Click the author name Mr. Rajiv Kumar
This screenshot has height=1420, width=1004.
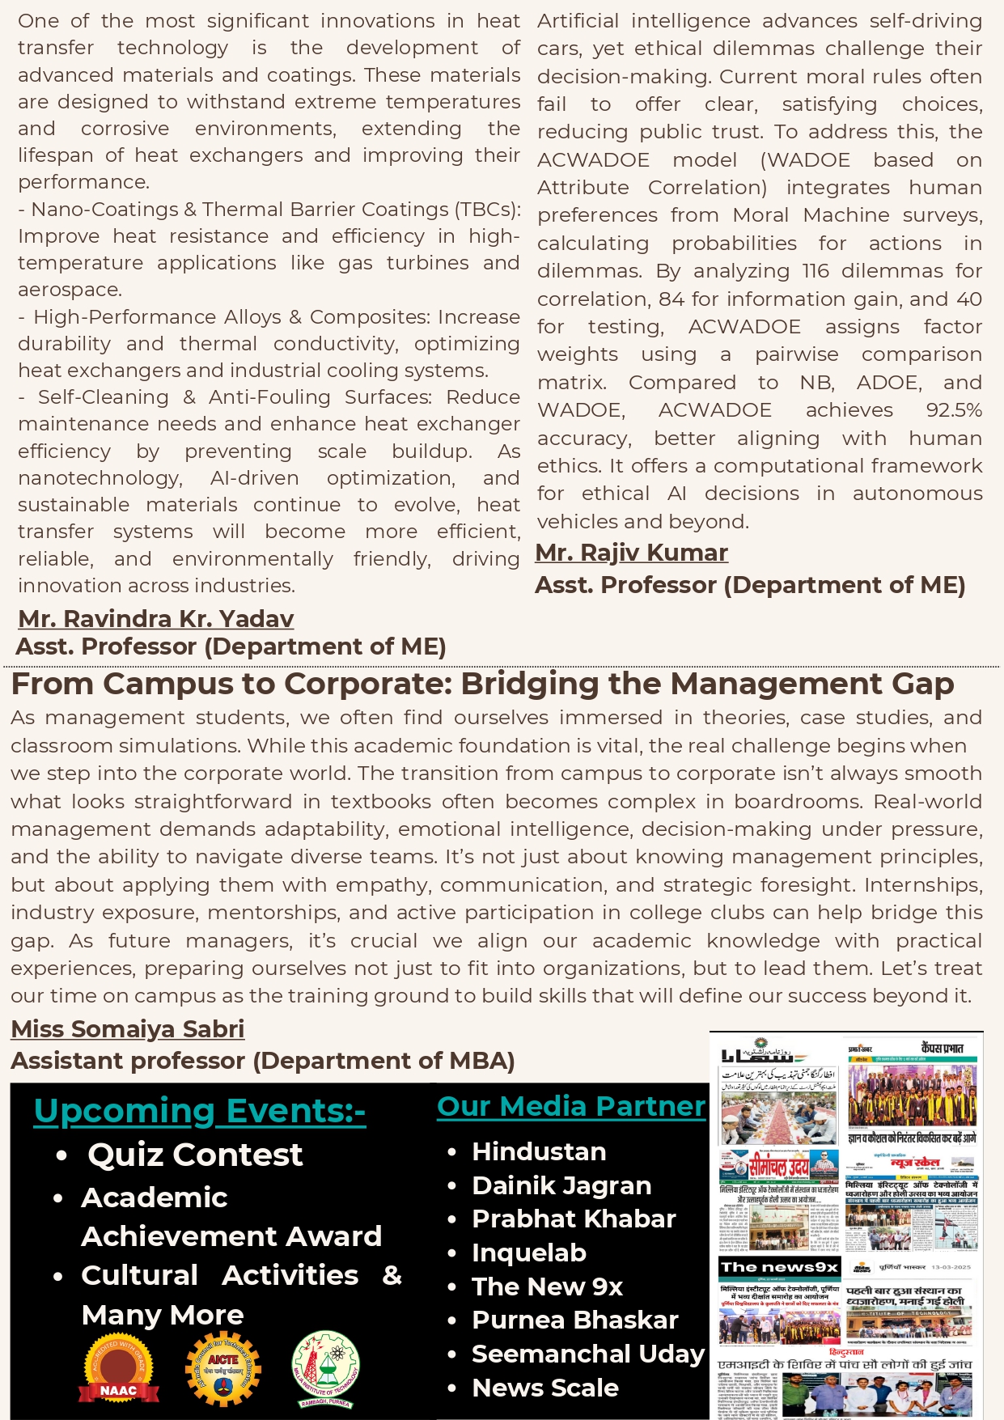pos(631,553)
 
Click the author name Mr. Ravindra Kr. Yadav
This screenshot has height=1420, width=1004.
pos(155,619)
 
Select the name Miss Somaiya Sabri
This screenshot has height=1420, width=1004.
pos(127,1029)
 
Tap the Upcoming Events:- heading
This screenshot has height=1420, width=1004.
pos(199,1112)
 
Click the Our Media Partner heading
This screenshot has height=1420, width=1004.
pos(570,1106)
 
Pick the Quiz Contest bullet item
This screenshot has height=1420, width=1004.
pos(194,1155)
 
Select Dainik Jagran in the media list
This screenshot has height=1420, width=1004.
pos(561,1185)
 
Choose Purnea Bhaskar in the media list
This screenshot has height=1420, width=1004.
pos(574,1320)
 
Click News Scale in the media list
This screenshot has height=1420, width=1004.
pos(544,1388)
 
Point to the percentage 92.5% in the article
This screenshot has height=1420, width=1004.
pos(954,410)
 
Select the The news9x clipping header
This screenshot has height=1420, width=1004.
pos(779,1267)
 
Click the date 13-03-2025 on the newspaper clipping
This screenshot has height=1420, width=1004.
pos(951,1268)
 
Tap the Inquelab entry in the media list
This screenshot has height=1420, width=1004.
pos(528,1253)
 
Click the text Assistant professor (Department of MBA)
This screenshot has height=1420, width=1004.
pos(262,1061)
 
